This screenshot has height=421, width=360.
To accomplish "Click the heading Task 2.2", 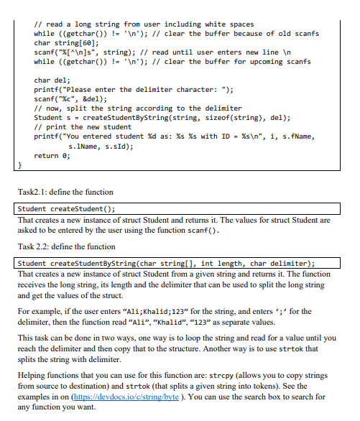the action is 34,246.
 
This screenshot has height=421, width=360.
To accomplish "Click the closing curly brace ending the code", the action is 20,165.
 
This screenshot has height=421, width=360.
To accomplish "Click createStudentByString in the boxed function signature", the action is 86,262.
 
